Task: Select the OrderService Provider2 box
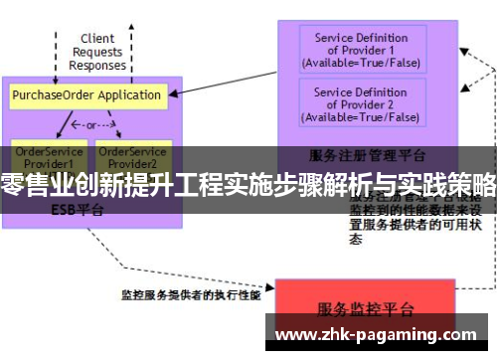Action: [x=132, y=155]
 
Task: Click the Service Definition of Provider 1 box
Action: [x=361, y=50]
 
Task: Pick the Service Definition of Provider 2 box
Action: [x=361, y=103]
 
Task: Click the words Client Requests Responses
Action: [x=96, y=52]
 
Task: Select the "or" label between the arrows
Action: [x=92, y=126]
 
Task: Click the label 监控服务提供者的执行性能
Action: [x=190, y=294]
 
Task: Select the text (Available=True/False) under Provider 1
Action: [x=361, y=63]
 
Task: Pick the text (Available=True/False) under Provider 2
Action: [x=361, y=117]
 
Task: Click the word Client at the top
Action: [x=96, y=39]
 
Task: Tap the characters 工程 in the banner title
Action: [x=200, y=184]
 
